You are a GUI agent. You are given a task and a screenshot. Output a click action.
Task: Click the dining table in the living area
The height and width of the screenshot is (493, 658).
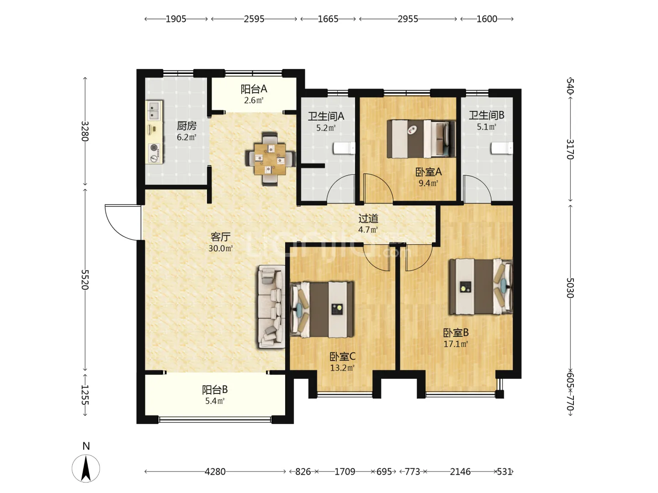270,159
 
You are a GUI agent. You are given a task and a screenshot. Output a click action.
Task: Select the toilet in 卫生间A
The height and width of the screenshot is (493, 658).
344,148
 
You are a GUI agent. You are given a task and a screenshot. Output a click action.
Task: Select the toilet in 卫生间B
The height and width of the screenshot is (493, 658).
502,148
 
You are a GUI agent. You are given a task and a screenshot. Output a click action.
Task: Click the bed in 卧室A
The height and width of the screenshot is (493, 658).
421,139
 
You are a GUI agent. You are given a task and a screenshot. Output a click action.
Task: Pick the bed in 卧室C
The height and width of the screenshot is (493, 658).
322,309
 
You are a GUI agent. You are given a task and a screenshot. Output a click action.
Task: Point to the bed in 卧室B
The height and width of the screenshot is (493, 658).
481,287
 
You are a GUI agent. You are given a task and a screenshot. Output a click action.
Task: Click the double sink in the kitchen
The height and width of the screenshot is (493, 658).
154,110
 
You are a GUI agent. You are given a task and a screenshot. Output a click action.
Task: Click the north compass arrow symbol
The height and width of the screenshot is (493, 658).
86,468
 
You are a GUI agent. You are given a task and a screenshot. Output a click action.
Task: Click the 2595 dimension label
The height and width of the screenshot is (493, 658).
254,19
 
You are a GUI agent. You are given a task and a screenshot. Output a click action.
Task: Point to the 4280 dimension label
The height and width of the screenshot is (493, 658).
215,472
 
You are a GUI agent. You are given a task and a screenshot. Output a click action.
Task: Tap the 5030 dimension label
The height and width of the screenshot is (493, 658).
570,288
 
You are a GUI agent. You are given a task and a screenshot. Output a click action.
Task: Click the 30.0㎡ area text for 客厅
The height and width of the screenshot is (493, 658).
221,248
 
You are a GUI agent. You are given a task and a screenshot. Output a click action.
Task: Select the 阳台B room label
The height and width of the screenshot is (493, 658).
215,390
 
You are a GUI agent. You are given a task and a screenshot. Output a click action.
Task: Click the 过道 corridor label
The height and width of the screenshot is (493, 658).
368,219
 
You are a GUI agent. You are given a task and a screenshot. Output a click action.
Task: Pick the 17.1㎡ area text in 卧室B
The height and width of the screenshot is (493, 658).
456,344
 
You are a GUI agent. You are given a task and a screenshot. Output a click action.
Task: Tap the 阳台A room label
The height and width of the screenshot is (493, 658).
254,89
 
